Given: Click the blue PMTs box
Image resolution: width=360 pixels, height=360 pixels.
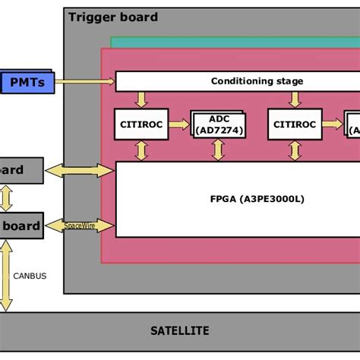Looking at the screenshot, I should [27, 81].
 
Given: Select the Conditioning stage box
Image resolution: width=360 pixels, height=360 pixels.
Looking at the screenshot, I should [235, 81].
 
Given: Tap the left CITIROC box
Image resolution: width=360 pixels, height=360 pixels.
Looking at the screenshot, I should [141, 124].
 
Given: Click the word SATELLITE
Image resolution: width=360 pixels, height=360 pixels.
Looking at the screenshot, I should [179, 331].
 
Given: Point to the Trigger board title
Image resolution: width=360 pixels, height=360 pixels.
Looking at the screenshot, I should [113, 17].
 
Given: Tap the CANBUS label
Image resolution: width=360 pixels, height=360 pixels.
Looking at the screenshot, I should [30, 276].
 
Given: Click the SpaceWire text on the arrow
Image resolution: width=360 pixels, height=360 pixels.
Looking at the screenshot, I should [80, 226].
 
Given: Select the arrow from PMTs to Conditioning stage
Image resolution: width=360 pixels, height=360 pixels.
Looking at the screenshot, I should [84, 81].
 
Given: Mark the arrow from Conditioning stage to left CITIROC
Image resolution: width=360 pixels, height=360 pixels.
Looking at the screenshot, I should [141, 99].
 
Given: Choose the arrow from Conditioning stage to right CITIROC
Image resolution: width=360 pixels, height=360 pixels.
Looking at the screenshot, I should [292, 99].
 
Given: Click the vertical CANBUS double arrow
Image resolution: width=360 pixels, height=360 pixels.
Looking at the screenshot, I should [6, 275].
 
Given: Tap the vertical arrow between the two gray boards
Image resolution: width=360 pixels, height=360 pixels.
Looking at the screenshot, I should [6, 197].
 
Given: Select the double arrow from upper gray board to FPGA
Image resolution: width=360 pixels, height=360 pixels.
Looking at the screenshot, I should [80, 171].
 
